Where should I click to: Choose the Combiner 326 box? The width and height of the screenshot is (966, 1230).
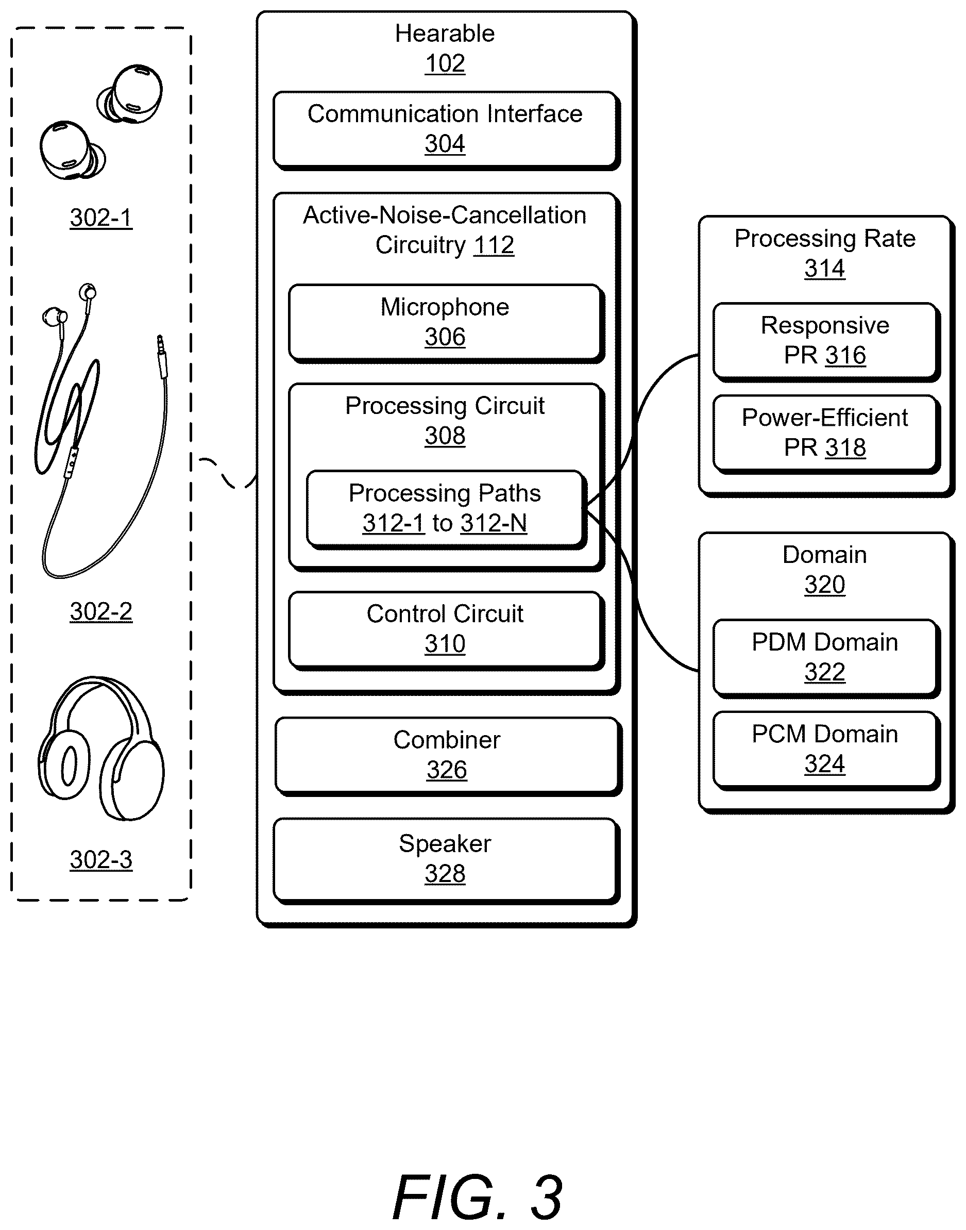click(448, 756)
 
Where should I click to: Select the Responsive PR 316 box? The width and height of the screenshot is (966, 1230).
click(826, 342)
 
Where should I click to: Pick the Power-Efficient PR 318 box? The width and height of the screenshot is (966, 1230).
click(826, 434)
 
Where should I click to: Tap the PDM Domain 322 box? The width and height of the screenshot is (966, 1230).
click(826, 658)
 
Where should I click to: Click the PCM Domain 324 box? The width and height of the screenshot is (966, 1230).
click(826, 750)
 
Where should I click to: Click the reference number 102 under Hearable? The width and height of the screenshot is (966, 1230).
click(445, 63)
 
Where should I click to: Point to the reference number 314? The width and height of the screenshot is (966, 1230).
click(825, 268)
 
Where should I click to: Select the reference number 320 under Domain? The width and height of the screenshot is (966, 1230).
click(825, 585)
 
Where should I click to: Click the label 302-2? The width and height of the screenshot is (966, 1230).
click(101, 611)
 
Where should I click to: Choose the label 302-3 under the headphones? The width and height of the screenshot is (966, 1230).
click(101, 860)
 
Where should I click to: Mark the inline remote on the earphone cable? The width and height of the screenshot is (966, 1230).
click(72, 463)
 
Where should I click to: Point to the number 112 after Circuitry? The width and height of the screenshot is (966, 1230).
click(494, 245)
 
